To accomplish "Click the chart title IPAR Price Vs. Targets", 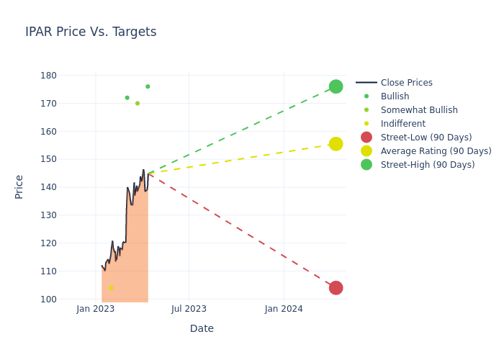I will (x=91, y=32).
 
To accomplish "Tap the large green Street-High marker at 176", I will (x=336, y=86).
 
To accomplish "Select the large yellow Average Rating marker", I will (x=336, y=144).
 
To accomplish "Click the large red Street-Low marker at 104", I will (x=336, y=288).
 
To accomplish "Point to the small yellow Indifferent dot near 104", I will (x=111, y=288).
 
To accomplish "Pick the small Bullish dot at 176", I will (x=148, y=86).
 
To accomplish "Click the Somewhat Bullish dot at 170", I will (x=138, y=103).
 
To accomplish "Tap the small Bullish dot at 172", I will (x=127, y=98).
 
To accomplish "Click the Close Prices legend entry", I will (x=406, y=83).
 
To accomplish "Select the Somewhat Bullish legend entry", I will (x=419, y=110).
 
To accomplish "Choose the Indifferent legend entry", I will (x=402, y=124).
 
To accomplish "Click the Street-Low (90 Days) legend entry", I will (x=426, y=138).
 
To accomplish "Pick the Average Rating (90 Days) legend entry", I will (x=436, y=151).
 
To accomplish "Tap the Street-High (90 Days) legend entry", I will (x=427, y=165).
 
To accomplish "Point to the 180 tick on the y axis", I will (x=49, y=76).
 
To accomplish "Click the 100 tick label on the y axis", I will (x=49, y=300).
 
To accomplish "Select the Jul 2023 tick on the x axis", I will (x=189, y=309).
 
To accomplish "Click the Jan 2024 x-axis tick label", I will (x=284, y=309).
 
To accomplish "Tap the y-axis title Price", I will (x=19, y=186).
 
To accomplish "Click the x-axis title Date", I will (x=202, y=328).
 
